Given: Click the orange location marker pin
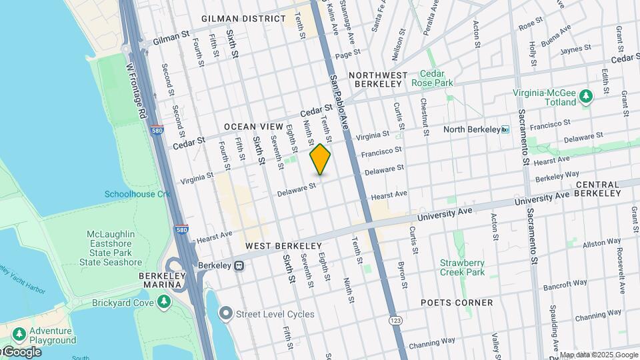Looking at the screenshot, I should point(320,159).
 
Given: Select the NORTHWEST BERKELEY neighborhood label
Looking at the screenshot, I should point(376,79).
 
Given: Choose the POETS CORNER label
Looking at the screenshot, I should point(457,302).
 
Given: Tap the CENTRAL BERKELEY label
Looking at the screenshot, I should point(607,189).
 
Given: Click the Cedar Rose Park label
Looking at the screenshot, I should point(437,79).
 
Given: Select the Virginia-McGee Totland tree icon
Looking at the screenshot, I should point(586,97).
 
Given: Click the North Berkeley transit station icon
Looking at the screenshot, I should point(505,129).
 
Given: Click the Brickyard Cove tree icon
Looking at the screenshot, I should point(163,303).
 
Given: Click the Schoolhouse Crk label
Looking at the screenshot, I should point(137,194).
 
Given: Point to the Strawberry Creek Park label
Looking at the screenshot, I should point(462,267).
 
